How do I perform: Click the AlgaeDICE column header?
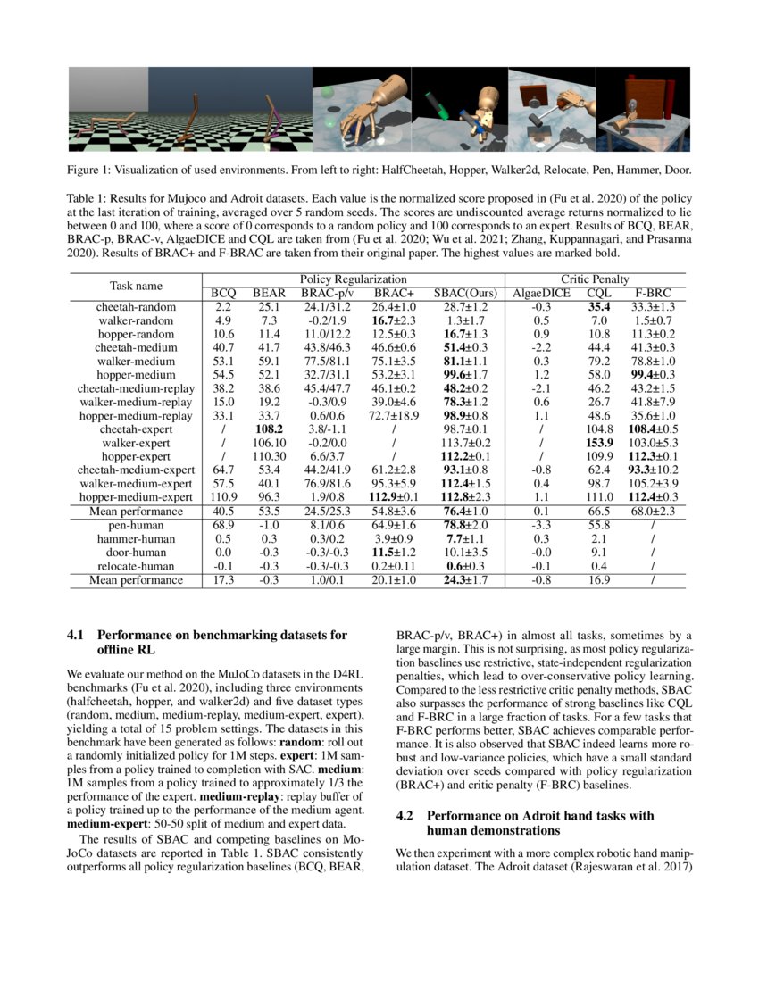coord(538,293)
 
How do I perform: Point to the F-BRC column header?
coord(654,293)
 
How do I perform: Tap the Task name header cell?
coord(136,286)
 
